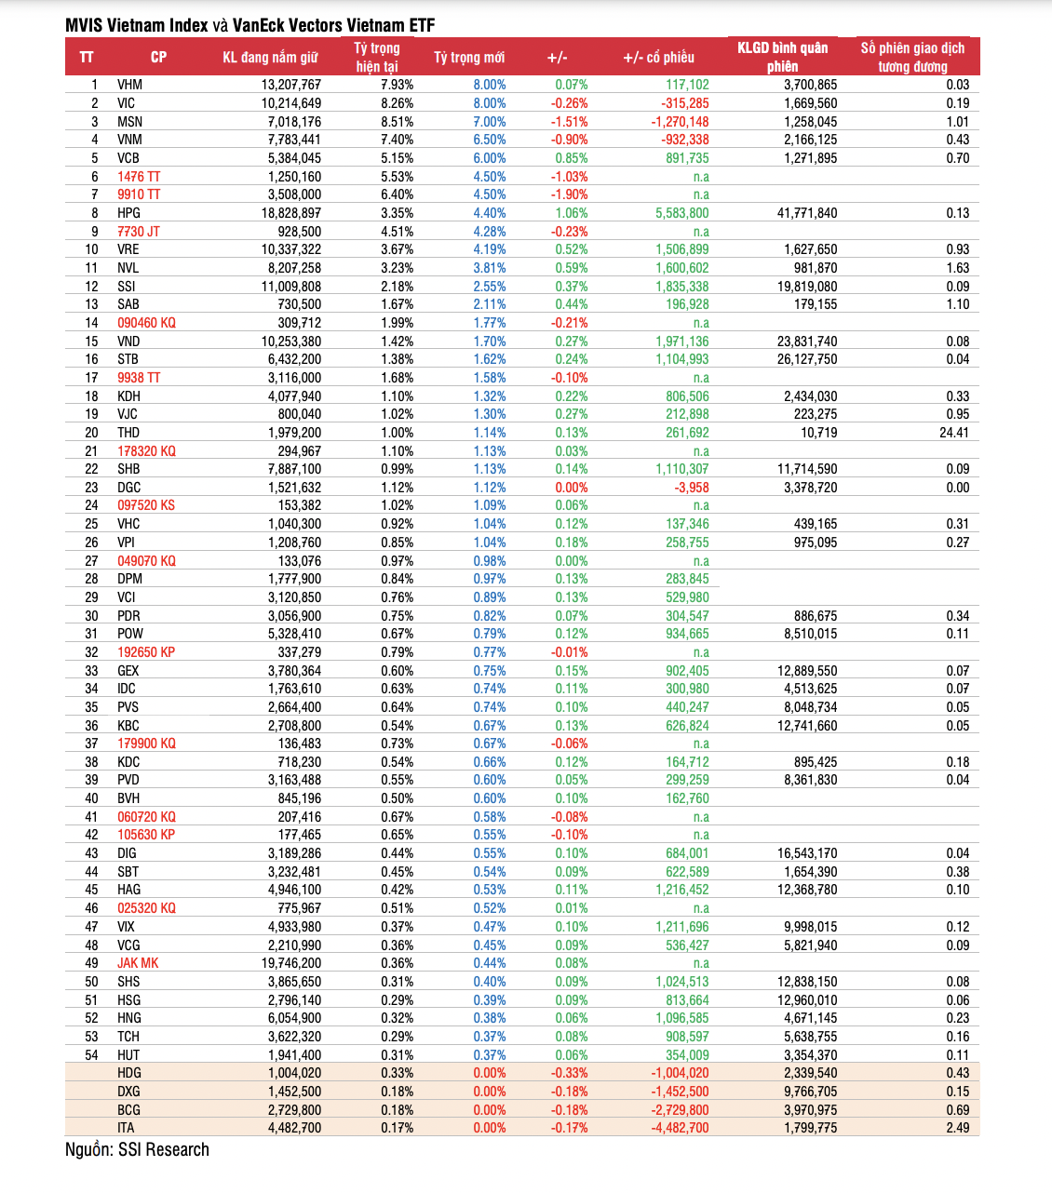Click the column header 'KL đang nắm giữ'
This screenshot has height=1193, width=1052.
point(270,58)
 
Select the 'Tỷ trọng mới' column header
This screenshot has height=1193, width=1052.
point(469,58)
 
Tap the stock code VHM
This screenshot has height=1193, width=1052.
point(129,85)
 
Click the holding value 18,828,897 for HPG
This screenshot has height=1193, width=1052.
point(291,213)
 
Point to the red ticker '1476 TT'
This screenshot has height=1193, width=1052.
point(139,177)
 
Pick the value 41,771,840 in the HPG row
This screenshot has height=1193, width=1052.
point(806,213)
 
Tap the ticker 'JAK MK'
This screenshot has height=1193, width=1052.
point(138,963)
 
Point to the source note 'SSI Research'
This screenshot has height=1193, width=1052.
point(164,1149)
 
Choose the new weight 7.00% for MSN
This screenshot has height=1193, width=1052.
point(490,122)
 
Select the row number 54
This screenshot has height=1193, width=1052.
point(91,1055)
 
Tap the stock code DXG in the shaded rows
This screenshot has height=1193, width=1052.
point(128,1092)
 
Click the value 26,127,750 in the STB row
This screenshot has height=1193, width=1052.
point(806,359)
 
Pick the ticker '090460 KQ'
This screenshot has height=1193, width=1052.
point(146,323)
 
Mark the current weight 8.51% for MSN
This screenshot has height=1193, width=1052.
point(398,122)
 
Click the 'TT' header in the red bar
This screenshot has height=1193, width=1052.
point(87,58)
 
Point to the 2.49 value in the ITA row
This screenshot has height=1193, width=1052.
point(958,1128)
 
